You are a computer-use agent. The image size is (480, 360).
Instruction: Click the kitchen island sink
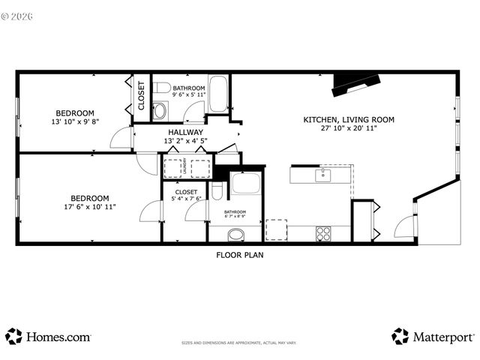point(323,175)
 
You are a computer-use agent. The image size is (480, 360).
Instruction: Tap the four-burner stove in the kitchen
point(323,232)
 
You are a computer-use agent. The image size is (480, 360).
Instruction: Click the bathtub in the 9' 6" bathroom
point(219,94)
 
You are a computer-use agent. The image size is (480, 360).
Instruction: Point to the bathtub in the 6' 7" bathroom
point(245,184)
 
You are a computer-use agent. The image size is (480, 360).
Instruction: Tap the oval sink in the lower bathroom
point(236,234)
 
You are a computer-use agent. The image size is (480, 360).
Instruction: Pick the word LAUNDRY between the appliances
point(184,168)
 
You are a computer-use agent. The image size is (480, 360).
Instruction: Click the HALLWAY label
point(185,132)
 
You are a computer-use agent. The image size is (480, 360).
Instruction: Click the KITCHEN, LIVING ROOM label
point(349,119)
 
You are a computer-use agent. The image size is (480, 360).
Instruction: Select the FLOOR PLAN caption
point(239,255)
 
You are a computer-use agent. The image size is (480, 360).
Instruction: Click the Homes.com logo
point(49,337)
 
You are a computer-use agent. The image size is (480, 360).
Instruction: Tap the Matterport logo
point(433,337)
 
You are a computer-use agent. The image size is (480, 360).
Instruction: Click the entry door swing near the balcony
point(403,223)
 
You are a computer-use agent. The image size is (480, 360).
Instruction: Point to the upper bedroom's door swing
point(118,137)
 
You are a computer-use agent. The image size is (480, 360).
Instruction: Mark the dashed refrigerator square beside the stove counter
point(276,230)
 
